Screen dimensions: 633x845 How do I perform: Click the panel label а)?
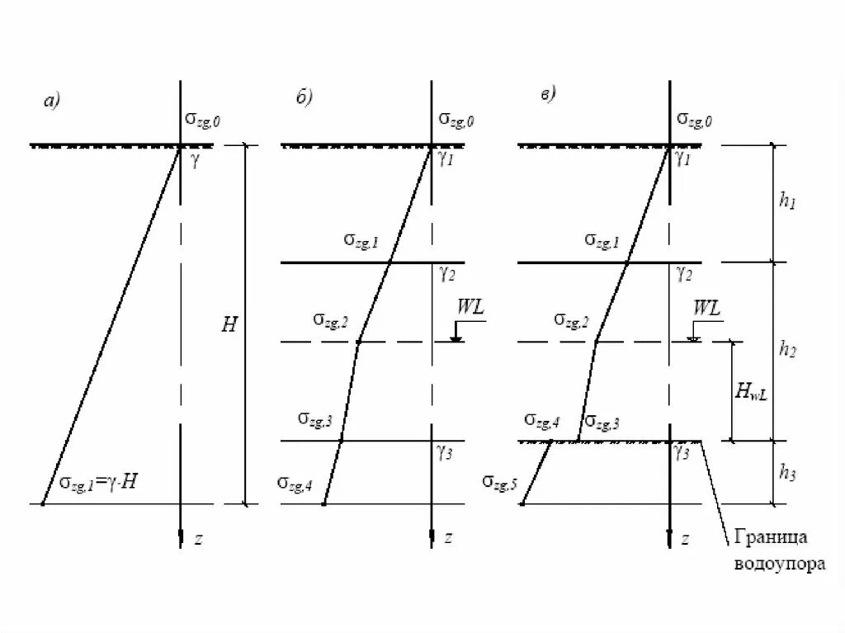pos(52,101)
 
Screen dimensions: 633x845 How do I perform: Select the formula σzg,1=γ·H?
pos(97,483)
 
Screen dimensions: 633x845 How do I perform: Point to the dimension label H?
pos(229,324)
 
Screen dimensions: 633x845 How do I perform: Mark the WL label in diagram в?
pos(706,309)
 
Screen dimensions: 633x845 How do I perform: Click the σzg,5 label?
pos(500,482)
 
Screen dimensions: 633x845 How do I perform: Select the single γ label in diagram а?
pos(195,160)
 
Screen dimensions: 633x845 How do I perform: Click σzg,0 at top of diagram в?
pos(695,120)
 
